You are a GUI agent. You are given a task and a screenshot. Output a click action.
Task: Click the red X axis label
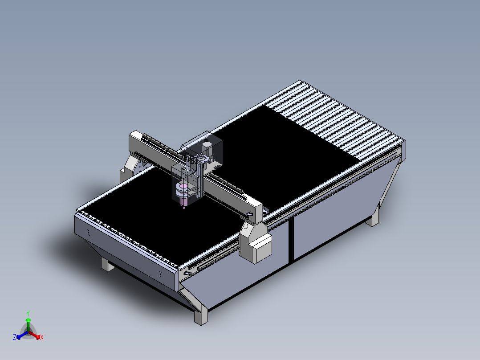coord(42,338)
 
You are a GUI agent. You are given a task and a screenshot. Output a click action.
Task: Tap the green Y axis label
coord(28,313)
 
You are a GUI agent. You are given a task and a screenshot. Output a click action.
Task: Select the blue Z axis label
coord(15,338)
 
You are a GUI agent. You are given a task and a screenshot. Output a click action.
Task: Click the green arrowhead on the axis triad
coord(28,320)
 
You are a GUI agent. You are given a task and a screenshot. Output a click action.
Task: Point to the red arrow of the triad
coord(36,335)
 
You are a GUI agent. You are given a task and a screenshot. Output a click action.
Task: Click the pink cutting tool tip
coord(183,207)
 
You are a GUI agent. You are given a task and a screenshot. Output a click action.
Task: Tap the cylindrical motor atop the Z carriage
coord(206,147)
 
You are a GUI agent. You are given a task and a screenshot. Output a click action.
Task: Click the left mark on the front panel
coord(88,232)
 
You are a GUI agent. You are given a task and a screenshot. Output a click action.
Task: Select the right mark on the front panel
coord(160,273)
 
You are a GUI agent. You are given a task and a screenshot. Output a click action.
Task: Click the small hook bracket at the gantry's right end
coord(250,215)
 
